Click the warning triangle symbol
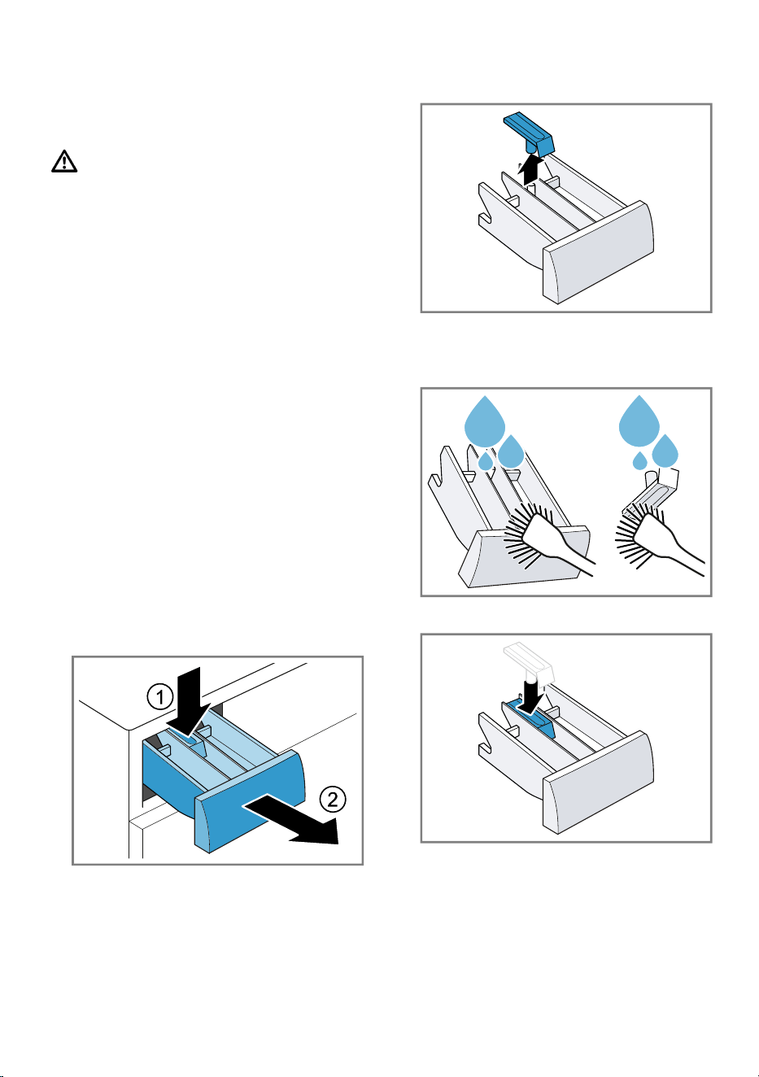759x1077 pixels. point(64,161)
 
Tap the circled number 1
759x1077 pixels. point(160,696)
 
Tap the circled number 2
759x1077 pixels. point(333,800)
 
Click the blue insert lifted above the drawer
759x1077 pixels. point(529,133)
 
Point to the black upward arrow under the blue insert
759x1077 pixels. point(530,168)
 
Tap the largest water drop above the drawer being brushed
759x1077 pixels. point(485,421)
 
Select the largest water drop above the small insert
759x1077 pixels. point(639,421)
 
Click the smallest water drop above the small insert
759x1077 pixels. point(639,460)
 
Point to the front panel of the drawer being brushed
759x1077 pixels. point(523,558)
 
